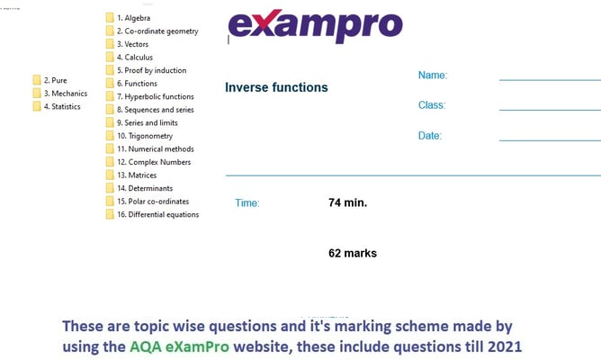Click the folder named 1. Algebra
[x=132, y=18]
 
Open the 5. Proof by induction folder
[x=148, y=70]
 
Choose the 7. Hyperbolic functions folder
[x=154, y=96]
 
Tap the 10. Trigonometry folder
[x=141, y=136]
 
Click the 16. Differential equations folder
[x=157, y=214]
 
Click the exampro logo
[x=315, y=26]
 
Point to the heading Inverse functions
[x=276, y=87]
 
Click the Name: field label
[x=433, y=76]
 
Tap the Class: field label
[x=432, y=105]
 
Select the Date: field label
[x=430, y=136]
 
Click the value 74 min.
[x=347, y=202]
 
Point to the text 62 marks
[x=353, y=253]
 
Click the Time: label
[x=247, y=203]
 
